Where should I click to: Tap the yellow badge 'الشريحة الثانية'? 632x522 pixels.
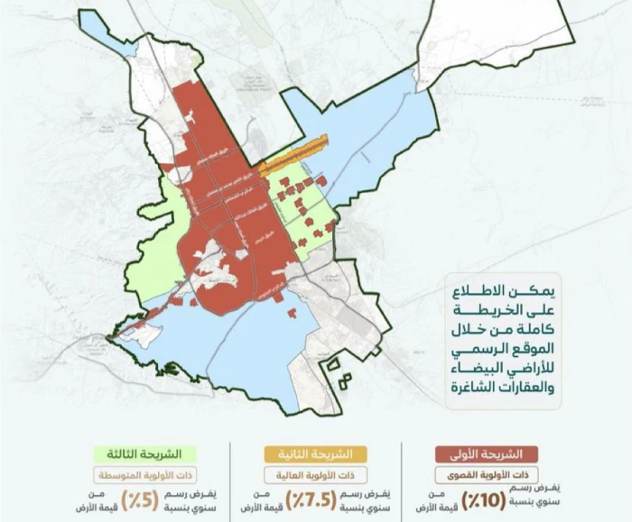[x=316, y=453]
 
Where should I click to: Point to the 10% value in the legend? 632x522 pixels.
[x=483, y=499]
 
